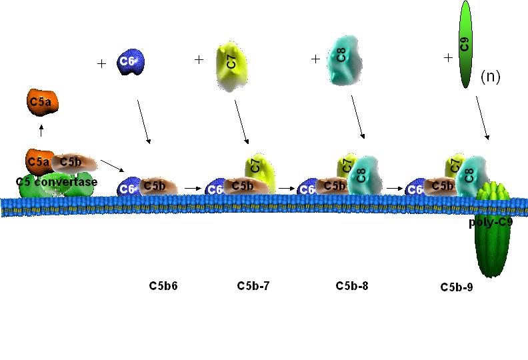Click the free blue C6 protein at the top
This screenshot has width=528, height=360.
click(129, 62)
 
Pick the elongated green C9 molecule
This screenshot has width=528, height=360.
click(465, 45)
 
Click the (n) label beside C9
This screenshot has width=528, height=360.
click(490, 77)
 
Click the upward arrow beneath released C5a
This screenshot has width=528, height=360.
click(41, 130)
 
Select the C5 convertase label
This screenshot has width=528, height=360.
click(56, 182)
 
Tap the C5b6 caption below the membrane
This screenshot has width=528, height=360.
click(163, 287)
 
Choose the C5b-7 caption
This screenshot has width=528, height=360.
click(253, 287)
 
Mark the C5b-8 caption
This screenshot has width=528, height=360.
click(352, 287)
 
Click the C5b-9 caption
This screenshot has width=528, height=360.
click(457, 287)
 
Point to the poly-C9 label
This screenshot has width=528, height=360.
click(490, 223)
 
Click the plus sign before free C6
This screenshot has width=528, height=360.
click(101, 64)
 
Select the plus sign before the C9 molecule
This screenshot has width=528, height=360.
click(448, 58)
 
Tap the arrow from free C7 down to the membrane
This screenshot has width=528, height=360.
click(242, 121)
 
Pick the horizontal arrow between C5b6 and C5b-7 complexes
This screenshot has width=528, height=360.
click(193, 189)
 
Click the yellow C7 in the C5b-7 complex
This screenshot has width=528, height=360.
click(256, 167)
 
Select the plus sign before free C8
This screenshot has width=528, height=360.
click(315, 59)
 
